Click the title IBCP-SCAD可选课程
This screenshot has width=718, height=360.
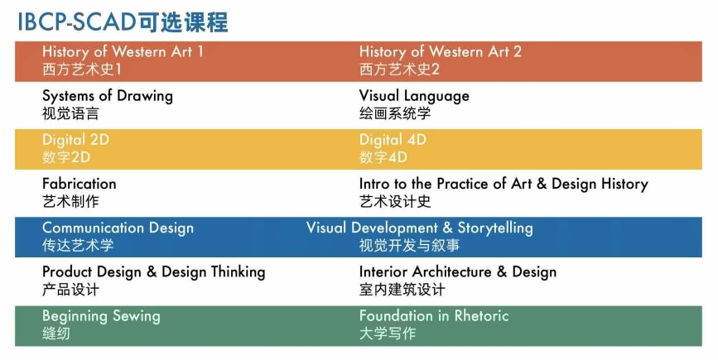point(123,22)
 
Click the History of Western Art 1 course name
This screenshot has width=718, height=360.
point(123,52)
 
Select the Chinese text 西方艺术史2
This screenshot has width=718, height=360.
point(399,69)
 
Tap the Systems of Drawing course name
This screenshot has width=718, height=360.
point(108,96)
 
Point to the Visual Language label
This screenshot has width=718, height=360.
point(414,96)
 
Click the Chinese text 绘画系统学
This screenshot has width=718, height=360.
point(395,113)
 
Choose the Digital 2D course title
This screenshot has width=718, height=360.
point(75,140)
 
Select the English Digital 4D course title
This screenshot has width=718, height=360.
point(393,140)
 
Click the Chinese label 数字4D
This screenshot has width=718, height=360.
point(383,157)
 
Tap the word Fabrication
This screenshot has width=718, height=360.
point(80,184)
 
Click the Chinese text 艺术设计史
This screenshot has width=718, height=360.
point(395,201)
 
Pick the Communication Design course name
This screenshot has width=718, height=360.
point(118,228)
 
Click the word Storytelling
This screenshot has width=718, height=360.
point(495,228)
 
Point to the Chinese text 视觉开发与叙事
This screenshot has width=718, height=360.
point(409,246)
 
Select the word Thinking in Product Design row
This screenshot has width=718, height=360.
point(239,272)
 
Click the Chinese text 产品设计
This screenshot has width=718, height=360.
point(70,290)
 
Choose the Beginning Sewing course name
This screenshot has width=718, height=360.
point(101,316)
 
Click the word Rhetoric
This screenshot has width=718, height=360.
point(481,315)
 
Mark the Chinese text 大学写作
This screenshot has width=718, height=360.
point(388,334)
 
